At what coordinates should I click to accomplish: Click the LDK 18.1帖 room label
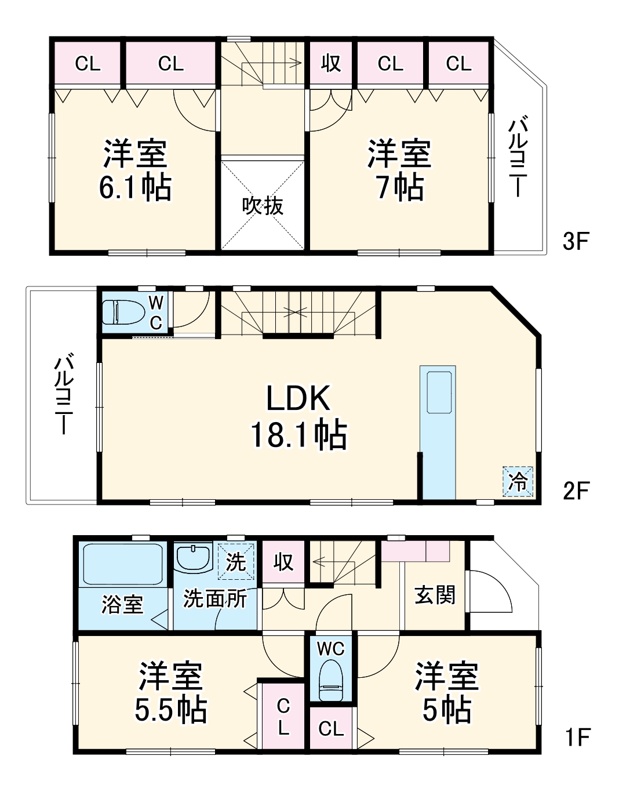pos(298,417)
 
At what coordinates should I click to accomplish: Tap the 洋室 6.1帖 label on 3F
pos(135,170)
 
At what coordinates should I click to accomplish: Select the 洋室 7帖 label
pos(399,170)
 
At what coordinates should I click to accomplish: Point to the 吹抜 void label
pos(263,206)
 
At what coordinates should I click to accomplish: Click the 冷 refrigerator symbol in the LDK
pos(518,481)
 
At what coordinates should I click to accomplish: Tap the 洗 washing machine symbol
pos(236,561)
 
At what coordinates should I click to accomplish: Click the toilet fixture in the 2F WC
pos(123,311)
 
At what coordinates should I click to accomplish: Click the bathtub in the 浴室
pos(122,564)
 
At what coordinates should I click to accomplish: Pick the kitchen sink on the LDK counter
pos(439,392)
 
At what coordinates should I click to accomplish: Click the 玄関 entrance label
pos(435,595)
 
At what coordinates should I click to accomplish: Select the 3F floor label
pos(576,241)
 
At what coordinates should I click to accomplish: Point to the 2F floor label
pos(576,491)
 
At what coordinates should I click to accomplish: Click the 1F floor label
pos(577,737)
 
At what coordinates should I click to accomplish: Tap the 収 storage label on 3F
pos(331,63)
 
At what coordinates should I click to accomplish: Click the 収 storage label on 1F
pos(283,562)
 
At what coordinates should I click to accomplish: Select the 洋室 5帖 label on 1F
pos(446,693)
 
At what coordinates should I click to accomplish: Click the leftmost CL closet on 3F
pos(88,63)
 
